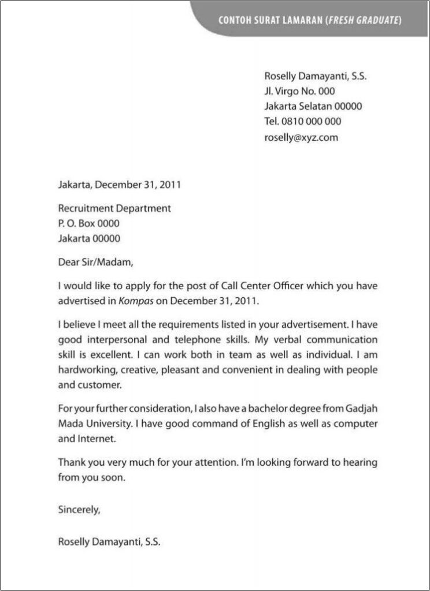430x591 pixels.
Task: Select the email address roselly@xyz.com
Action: coord(301,137)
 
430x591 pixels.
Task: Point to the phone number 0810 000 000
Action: coord(311,122)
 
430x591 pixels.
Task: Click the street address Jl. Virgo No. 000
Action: coord(299,91)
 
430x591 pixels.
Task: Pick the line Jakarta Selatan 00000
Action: coord(313,106)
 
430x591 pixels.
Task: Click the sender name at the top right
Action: coord(315,76)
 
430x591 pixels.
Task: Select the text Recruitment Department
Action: coord(114,208)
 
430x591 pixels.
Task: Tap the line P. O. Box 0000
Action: coord(89,223)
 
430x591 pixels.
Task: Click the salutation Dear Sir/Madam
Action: coord(95,262)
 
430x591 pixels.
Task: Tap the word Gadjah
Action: coord(361,409)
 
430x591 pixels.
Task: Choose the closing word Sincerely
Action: coord(79,509)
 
